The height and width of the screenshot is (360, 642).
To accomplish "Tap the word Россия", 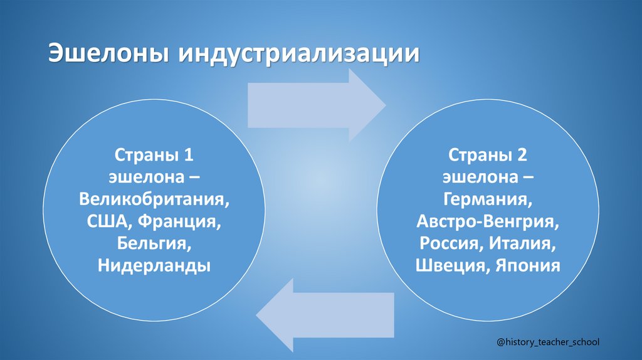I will (x=450, y=243).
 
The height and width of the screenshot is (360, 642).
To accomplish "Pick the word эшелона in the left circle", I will (x=144, y=177).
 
